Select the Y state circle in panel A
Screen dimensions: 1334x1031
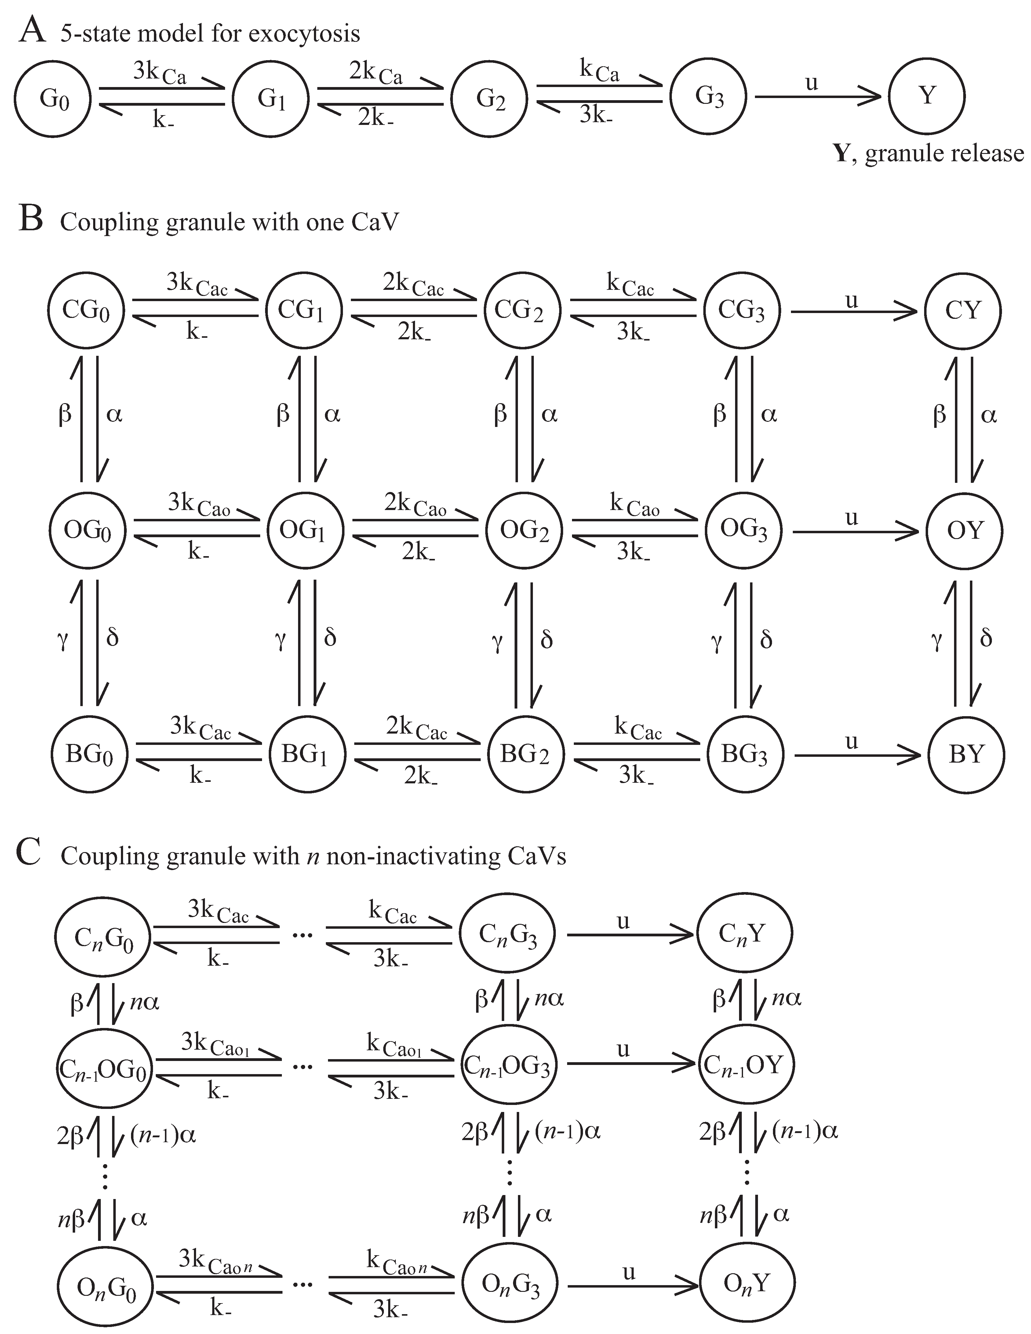(927, 96)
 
